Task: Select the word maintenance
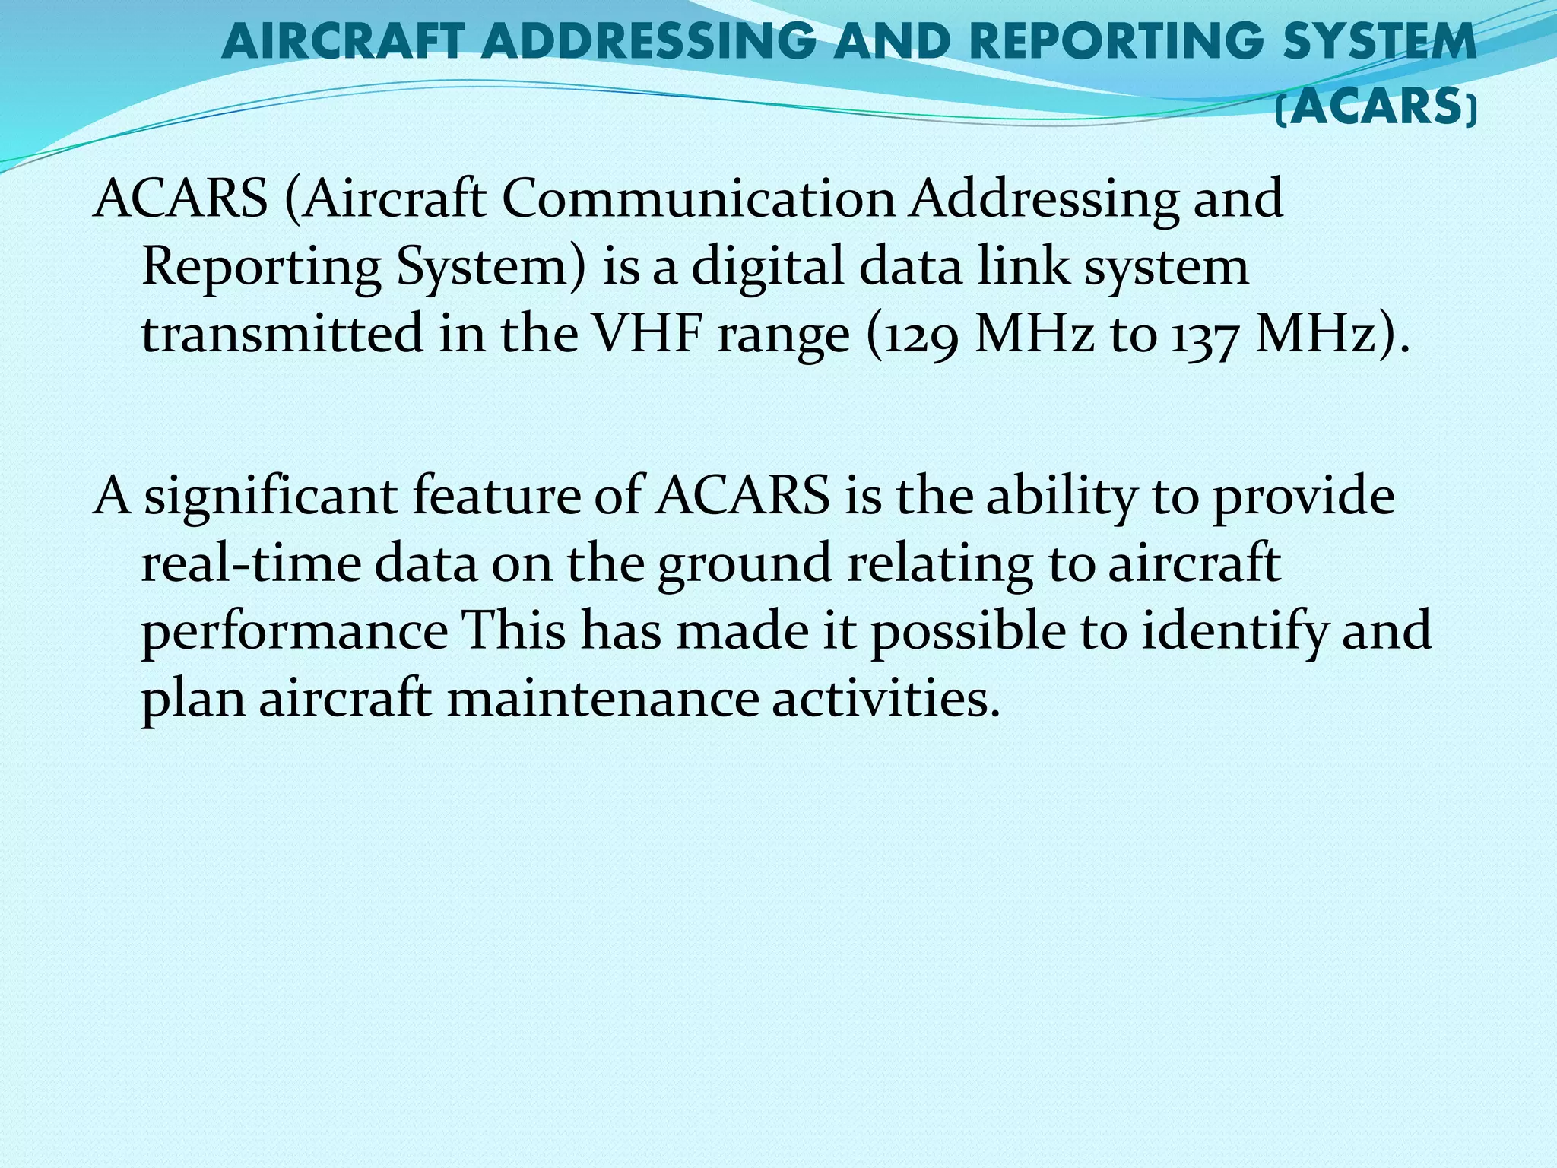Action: [603, 698]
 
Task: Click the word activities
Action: [886, 698]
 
